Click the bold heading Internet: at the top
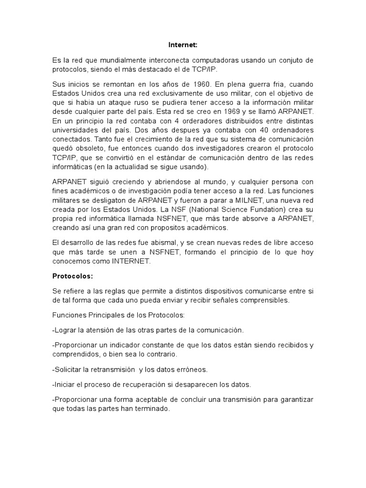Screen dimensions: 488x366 pyautogui.click(x=183, y=45)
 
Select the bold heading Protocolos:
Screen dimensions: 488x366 pyautogui.click(x=72, y=276)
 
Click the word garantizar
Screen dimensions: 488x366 pyautogui.click(x=293, y=399)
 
